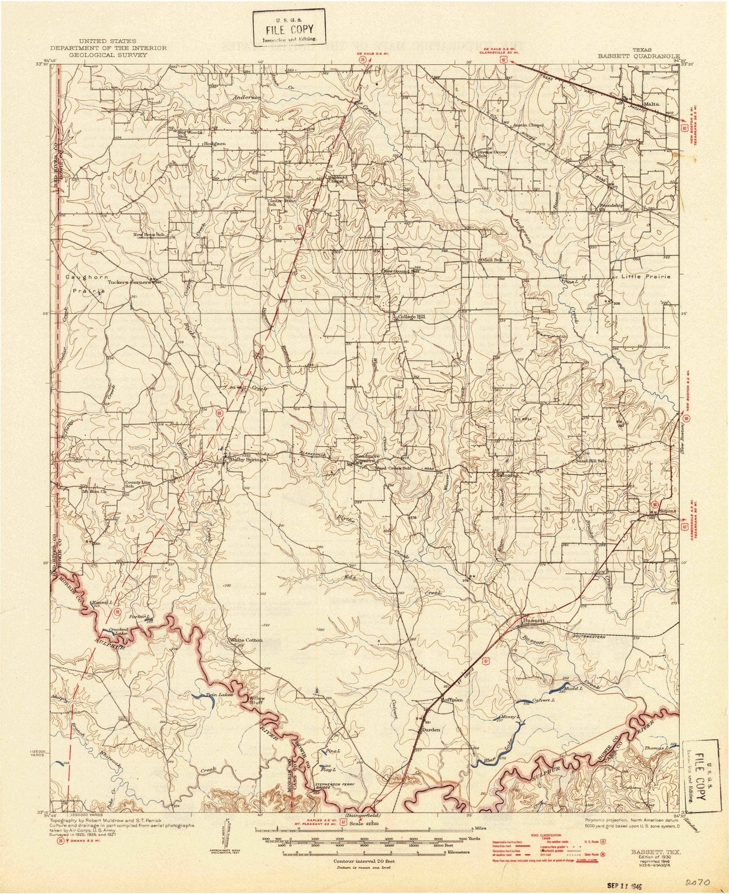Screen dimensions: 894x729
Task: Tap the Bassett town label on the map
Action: [x=532, y=620]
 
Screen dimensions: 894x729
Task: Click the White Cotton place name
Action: [x=246, y=640]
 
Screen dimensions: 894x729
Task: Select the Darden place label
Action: [x=431, y=730]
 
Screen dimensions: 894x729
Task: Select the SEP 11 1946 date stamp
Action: [x=633, y=882]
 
